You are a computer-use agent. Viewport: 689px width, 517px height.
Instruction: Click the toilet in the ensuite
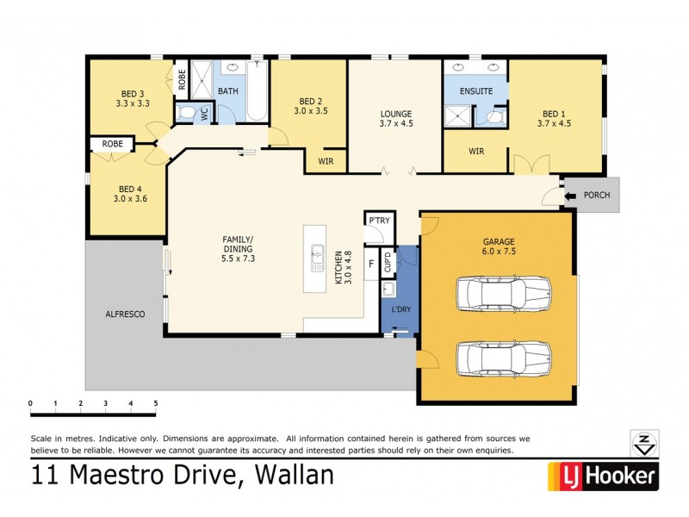[x=495, y=117]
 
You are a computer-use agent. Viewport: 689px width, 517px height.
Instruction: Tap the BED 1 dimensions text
[x=554, y=123]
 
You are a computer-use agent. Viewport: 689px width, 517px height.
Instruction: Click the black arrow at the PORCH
[x=570, y=196]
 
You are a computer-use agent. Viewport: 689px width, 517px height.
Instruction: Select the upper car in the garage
[x=503, y=293]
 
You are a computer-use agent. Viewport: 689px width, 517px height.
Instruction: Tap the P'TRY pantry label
[x=379, y=221]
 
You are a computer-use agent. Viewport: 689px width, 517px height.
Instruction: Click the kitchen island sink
[x=316, y=256]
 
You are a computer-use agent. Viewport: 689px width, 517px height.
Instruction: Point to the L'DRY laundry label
[x=400, y=309]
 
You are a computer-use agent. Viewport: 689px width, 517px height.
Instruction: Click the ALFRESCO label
[x=126, y=315]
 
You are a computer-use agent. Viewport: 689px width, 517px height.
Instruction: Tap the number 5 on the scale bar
[x=156, y=403]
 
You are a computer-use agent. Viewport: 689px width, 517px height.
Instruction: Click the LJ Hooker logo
[x=603, y=475]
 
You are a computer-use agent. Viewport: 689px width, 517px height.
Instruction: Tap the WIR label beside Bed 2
[x=326, y=161]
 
